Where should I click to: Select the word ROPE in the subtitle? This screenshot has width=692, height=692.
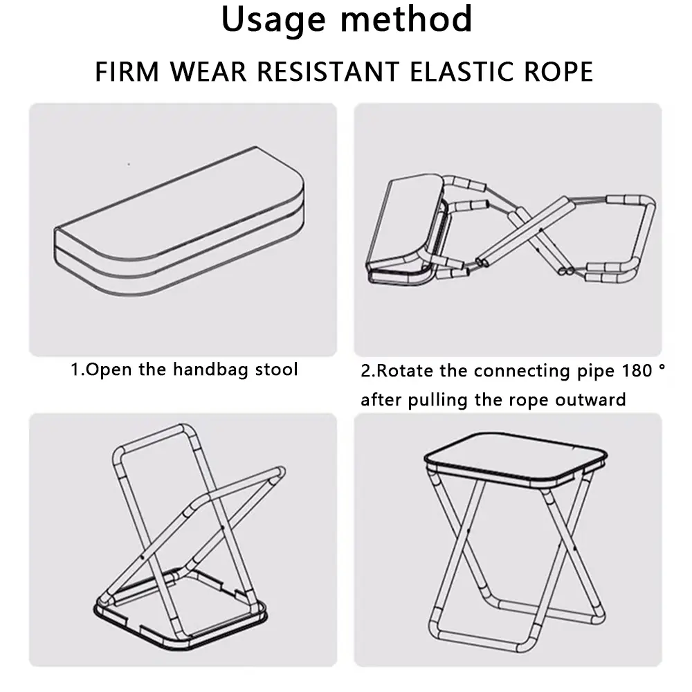(x=560, y=71)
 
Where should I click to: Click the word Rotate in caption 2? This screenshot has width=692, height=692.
(x=405, y=371)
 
